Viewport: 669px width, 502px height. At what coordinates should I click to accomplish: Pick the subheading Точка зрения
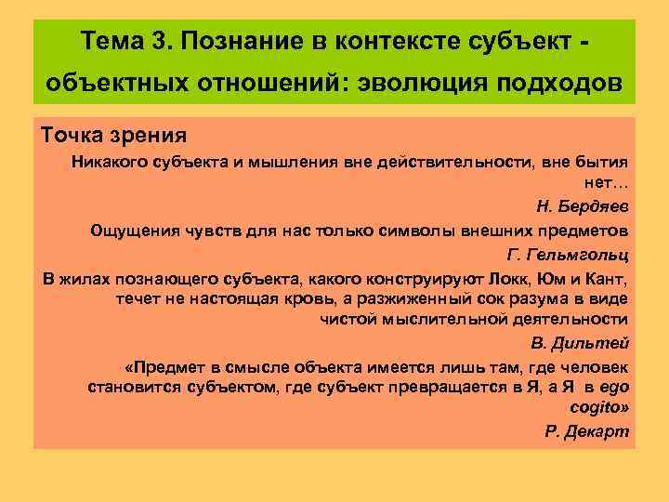114,136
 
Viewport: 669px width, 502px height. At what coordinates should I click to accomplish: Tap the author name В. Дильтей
582,342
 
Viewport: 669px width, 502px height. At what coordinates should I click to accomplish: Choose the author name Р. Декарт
586,431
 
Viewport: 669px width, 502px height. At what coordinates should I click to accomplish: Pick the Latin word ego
615,387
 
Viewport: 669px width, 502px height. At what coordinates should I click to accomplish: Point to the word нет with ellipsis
608,183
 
